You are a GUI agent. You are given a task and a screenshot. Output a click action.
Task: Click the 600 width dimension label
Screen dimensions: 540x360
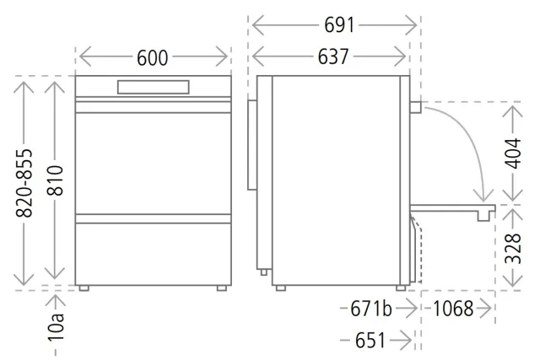coord(152,57)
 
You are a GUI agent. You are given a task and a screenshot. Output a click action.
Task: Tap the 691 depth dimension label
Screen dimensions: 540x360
coord(339,25)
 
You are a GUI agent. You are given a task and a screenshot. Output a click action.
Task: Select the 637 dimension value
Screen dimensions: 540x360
coord(333,56)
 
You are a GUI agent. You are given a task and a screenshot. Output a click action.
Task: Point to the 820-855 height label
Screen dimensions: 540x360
coord(24,183)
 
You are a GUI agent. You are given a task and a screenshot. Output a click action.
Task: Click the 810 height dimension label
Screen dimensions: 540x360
coord(55,180)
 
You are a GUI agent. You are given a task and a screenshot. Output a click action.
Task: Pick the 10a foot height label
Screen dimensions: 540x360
coord(57,327)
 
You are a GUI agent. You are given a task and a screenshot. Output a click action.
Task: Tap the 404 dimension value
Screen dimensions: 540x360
coord(513,153)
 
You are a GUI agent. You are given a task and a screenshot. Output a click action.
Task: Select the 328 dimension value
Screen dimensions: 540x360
coord(513,249)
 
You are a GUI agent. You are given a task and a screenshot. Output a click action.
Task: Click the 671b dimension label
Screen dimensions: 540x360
coord(371,309)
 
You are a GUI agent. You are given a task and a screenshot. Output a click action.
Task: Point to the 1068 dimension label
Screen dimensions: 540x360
coord(453,309)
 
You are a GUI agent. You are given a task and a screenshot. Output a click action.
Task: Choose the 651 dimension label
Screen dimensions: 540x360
coord(370,341)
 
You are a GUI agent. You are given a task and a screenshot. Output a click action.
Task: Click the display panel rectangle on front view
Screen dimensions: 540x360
coord(154,87)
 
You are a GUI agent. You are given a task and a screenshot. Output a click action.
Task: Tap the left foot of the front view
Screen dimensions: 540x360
coord(84,288)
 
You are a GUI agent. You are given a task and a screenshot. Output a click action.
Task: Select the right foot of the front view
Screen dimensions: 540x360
coord(222,288)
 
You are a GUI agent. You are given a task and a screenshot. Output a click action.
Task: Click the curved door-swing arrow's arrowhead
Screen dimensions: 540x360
coord(483,196)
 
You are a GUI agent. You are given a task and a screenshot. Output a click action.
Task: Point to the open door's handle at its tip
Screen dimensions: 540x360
coord(483,216)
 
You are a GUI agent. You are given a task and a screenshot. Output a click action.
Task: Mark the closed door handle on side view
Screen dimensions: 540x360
coord(415,107)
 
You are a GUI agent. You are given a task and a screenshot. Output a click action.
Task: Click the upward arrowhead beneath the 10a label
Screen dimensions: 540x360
coord(55,300)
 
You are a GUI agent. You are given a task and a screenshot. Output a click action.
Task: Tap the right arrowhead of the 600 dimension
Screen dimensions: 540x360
coord(223,56)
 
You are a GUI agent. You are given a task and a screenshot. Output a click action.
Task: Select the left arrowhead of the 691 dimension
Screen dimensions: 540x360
coord(258,25)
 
